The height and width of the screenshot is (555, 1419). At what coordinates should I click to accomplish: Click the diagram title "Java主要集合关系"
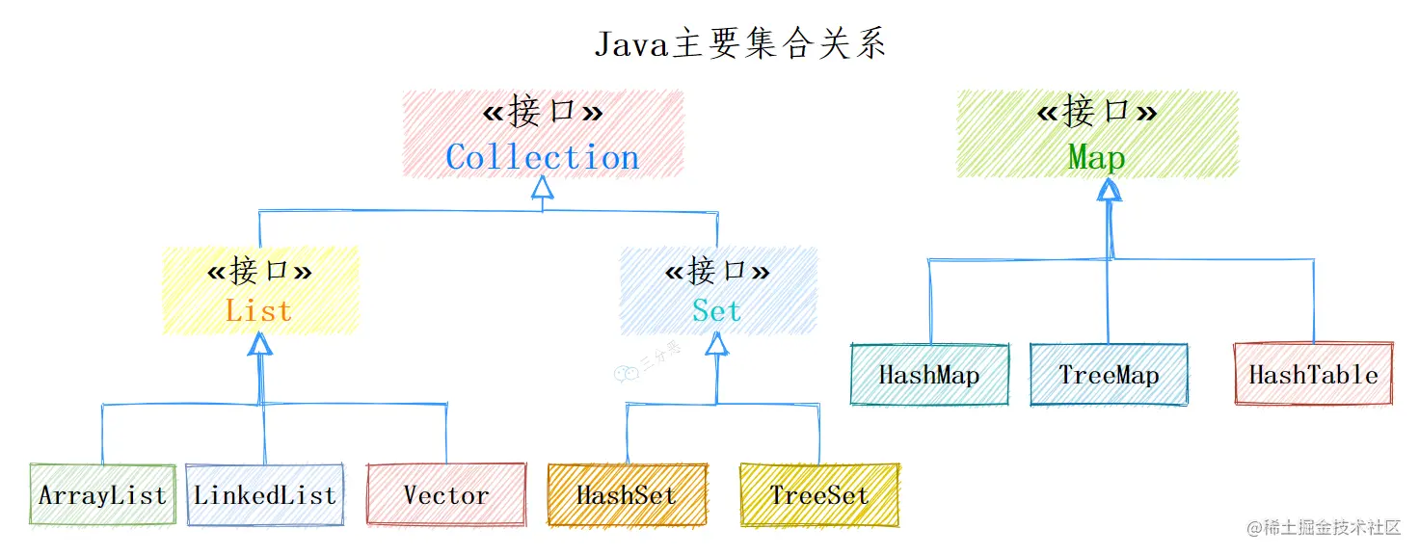point(739,44)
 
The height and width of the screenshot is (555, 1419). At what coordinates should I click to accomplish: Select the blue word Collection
point(543,157)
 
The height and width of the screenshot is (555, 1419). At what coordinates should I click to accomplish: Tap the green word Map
point(1096,157)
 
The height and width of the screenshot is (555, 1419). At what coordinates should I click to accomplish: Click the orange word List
point(258,310)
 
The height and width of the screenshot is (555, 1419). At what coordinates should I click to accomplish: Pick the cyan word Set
point(716,310)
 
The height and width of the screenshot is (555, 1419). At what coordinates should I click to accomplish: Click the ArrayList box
point(102,495)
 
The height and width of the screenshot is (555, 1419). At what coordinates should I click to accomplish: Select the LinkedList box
point(264,495)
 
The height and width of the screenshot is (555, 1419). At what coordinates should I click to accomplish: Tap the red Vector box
point(445,495)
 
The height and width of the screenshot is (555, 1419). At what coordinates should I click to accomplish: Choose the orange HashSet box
point(627,495)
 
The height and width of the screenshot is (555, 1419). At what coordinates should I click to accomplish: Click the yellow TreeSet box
point(818,495)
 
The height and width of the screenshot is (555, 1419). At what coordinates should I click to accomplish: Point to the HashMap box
point(929,375)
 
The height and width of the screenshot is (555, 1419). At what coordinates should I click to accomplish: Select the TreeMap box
point(1109,375)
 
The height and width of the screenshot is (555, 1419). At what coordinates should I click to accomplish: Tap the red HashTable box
point(1313,375)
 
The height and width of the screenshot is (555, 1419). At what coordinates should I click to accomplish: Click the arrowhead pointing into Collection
point(543,187)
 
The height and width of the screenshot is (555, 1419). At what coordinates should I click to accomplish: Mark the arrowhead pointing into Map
point(1109,189)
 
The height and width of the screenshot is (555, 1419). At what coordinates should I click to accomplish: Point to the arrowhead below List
point(259,344)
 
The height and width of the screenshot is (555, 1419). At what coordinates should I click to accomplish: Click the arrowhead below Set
point(716,343)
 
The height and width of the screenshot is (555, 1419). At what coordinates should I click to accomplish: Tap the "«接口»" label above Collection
point(543,113)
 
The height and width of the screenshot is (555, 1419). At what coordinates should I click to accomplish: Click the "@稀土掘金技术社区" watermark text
point(1323,527)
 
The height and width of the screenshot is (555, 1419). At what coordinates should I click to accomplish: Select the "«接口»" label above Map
point(1096,113)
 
